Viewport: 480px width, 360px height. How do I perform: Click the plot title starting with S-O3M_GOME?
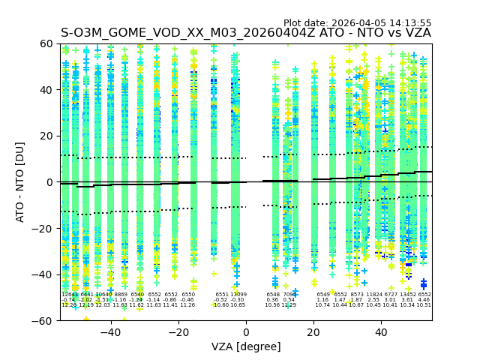pyautogui.click(x=246, y=33)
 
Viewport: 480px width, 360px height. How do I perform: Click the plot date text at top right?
pyautogui.click(x=357, y=23)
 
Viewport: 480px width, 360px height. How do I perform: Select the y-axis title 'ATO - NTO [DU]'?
pyautogui.click(x=21, y=182)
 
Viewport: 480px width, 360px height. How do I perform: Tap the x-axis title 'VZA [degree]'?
pyautogui.click(x=246, y=346)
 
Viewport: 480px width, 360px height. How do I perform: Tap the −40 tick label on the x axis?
pyautogui.click(x=110, y=332)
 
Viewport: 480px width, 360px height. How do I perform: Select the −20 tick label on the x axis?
pyautogui.click(x=178, y=332)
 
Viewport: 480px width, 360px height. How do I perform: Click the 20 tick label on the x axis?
pyautogui.click(x=313, y=332)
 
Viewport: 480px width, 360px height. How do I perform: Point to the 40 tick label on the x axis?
pyautogui.click(x=381, y=332)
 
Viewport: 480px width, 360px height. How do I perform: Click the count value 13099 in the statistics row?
pyautogui.click(x=238, y=295)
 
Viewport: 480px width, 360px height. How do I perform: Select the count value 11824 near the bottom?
pyautogui.click(x=373, y=295)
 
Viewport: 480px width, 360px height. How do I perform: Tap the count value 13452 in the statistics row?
pyautogui.click(x=408, y=295)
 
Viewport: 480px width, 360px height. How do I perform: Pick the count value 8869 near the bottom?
pyautogui.click(x=121, y=295)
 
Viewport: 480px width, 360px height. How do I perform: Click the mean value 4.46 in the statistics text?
pyautogui.click(x=424, y=300)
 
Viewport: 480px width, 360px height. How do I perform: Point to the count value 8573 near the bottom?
pyautogui.click(x=356, y=295)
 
